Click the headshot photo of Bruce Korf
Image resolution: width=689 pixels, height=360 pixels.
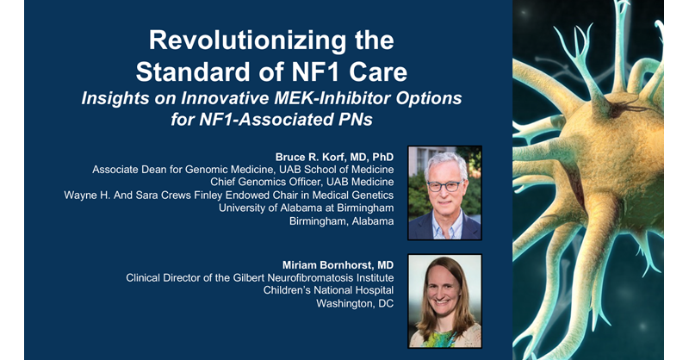click(x=444, y=193)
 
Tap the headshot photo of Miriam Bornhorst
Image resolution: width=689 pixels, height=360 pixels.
click(x=444, y=300)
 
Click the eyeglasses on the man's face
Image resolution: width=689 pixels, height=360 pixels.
click(x=444, y=184)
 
